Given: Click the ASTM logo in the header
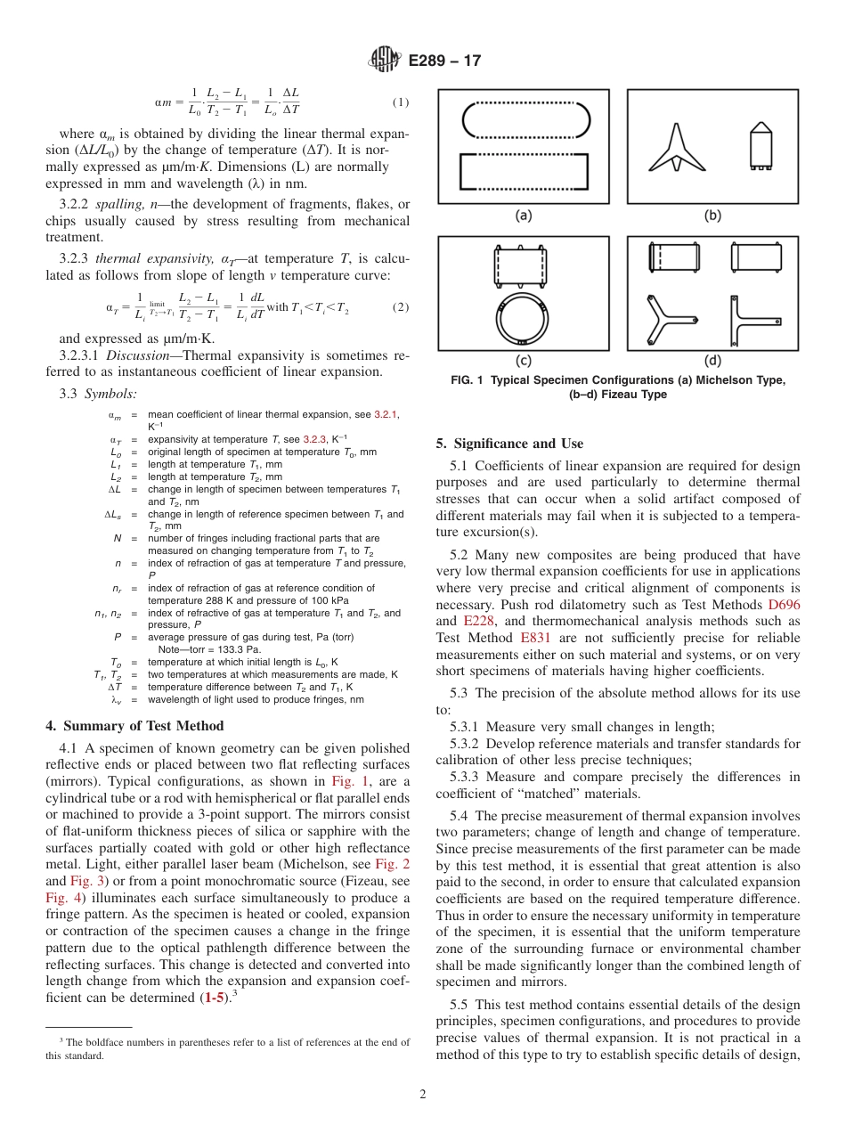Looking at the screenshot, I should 386,61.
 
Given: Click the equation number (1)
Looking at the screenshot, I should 401,102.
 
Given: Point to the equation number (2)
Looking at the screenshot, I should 401,307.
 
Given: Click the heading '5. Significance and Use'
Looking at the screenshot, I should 509,444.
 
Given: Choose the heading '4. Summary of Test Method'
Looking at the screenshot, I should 124,725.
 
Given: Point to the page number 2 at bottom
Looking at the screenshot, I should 423,1095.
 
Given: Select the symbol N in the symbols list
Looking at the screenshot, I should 118,538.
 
